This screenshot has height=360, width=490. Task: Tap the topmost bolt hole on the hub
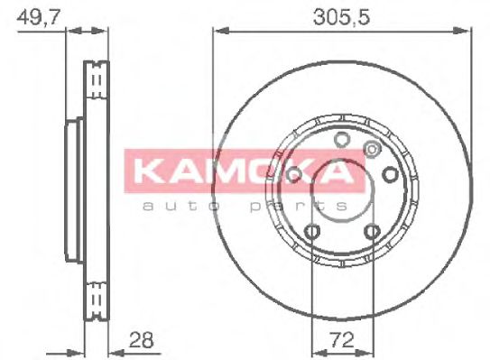coord(341,139)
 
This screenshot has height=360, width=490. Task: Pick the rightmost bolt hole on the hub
coord(390,175)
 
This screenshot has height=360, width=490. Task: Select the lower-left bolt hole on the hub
coord(311,233)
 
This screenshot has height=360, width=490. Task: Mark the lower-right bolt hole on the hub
coord(372,233)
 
